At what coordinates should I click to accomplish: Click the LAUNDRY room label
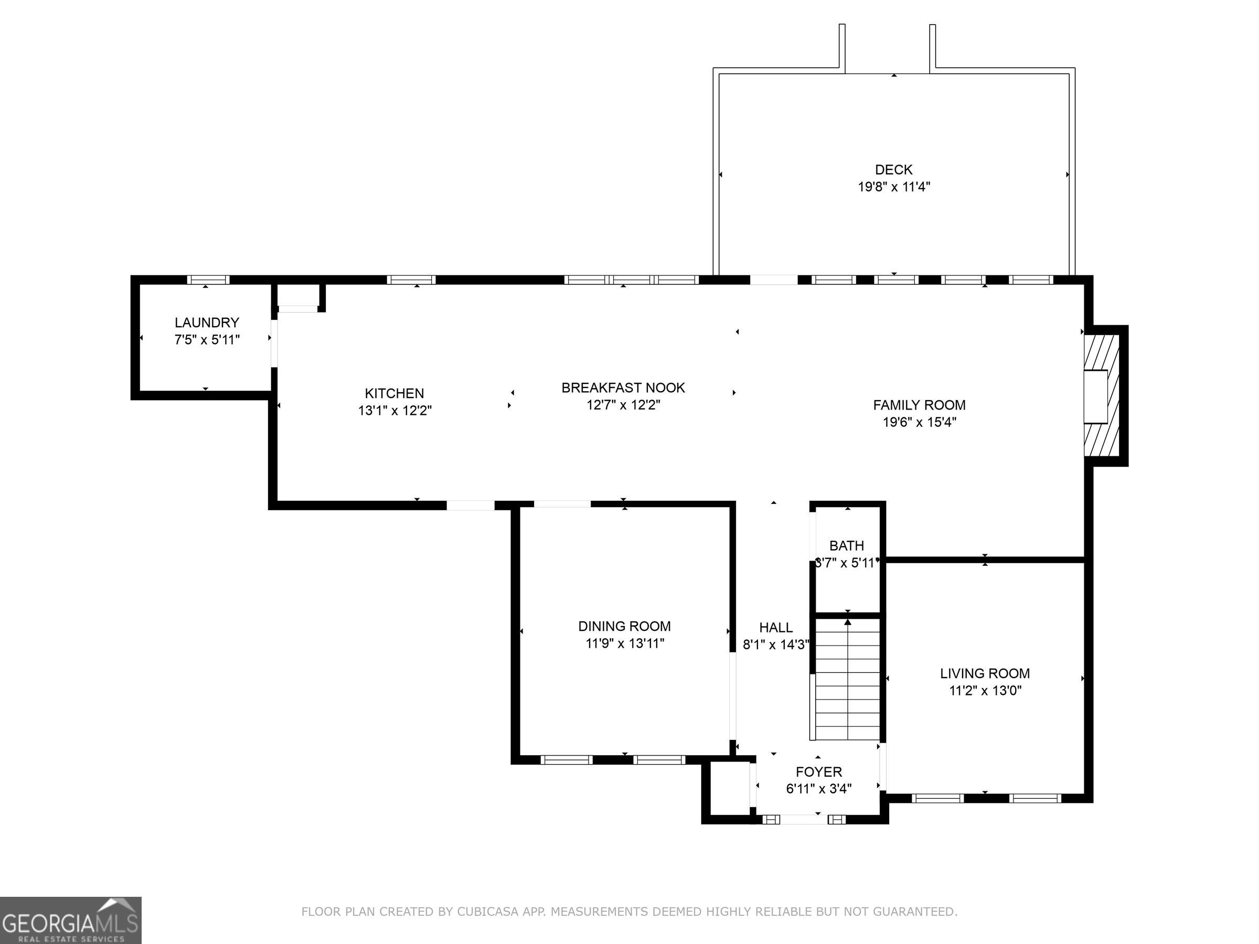click(207, 323)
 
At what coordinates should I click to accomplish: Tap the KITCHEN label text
click(394, 393)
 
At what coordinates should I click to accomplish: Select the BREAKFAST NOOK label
click(623, 388)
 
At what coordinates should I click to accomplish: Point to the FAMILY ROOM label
click(919, 405)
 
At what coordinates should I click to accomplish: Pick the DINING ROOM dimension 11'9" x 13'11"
click(625, 643)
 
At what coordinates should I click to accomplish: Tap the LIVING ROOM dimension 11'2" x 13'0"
click(985, 691)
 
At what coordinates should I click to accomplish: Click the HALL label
click(776, 627)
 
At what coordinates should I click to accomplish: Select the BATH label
click(846, 546)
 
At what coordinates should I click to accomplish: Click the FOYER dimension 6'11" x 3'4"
click(818, 789)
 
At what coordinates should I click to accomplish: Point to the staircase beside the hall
click(848, 679)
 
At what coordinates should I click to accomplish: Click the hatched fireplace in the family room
click(1102, 396)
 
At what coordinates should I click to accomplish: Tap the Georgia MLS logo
click(71, 920)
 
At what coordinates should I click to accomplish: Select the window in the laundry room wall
click(208, 280)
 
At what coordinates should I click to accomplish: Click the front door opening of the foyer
click(804, 819)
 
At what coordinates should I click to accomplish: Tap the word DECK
click(893, 169)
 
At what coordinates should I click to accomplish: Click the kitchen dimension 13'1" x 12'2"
click(395, 410)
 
